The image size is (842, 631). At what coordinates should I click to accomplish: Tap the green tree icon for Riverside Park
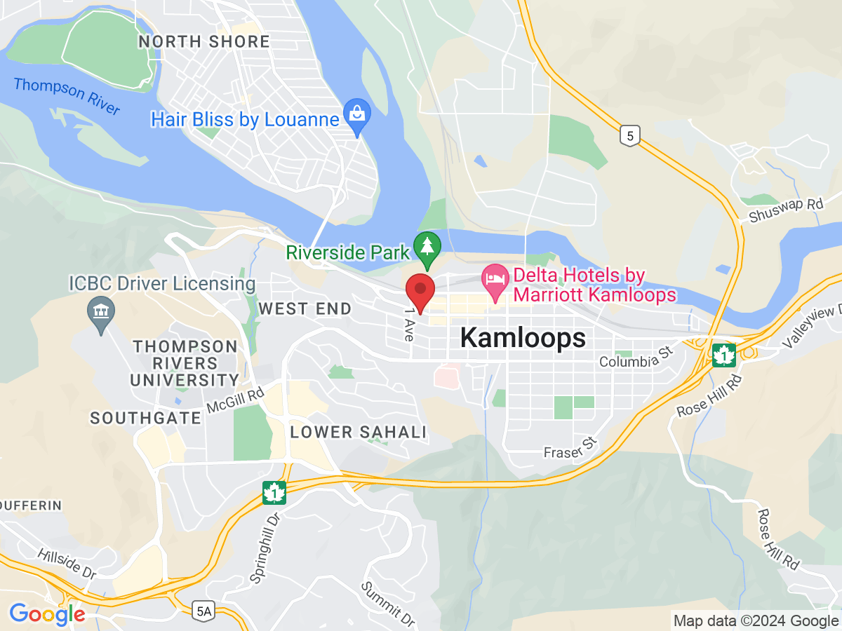427,247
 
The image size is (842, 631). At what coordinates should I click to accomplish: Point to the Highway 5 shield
630,136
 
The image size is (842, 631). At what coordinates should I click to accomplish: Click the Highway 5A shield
203,611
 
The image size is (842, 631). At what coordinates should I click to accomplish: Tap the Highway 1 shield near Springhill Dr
274,492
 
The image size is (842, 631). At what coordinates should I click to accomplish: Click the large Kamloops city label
523,338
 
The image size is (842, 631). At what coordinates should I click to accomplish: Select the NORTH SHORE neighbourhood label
204,41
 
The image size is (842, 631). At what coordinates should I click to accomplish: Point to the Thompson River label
67,97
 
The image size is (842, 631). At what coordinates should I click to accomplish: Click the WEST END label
305,308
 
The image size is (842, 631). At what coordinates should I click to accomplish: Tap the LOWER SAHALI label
359,432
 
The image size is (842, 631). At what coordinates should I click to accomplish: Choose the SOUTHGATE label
146,418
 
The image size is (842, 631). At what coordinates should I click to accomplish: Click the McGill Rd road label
235,401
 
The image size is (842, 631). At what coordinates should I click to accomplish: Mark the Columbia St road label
636,358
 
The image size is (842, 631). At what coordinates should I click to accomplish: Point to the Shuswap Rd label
786,208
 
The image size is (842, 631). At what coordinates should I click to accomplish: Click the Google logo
47,615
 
